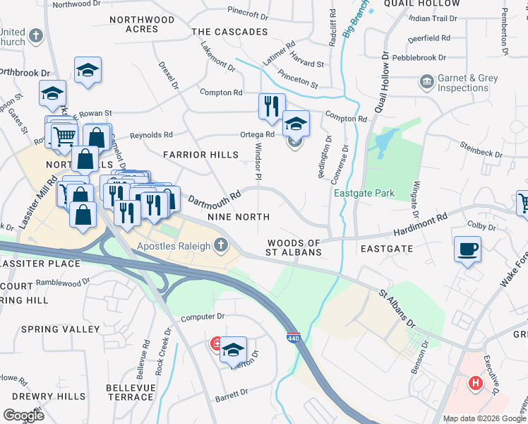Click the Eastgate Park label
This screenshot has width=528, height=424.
click(x=364, y=194)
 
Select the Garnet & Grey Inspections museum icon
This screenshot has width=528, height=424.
click(x=427, y=83)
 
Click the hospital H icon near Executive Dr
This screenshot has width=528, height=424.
click(x=476, y=384)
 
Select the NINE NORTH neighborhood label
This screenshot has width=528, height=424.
click(x=238, y=217)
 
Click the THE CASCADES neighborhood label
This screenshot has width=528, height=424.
click(x=229, y=32)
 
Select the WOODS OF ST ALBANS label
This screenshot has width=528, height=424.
click(x=294, y=247)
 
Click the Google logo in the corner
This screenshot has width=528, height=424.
click(x=24, y=415)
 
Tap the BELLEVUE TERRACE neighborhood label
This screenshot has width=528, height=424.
click(x=129, y=392)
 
